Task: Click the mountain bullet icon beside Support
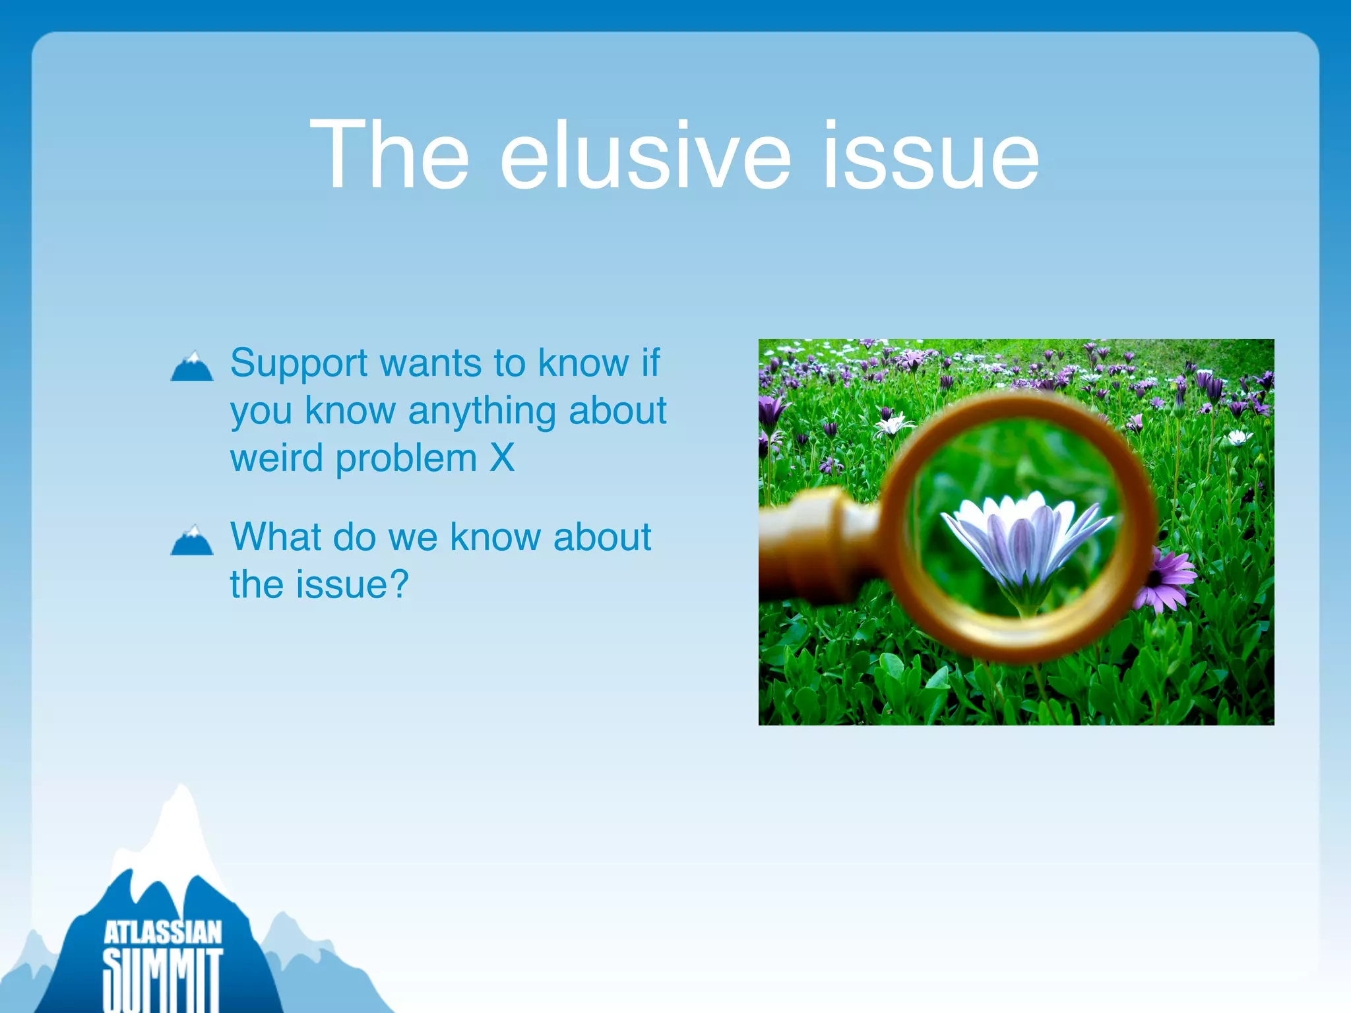tap(191, 367)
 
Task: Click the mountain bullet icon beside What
tap(191, 540)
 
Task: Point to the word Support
tap(299, 364)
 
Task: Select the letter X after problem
tap(502, 458)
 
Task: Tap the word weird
tap(276, 458)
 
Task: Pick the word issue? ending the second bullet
tap(352, 584)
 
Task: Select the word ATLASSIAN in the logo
tap(163, 933)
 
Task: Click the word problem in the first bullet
tap(406, 458)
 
